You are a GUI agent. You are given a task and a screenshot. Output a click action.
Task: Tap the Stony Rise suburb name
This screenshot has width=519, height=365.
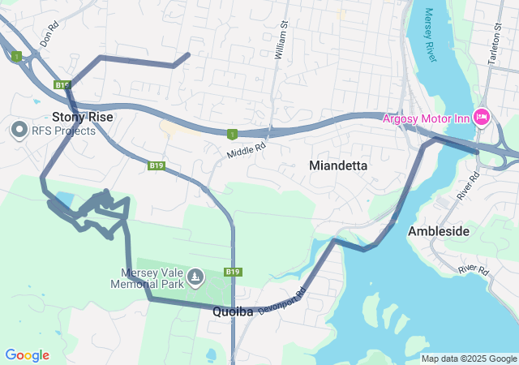coord(83,117)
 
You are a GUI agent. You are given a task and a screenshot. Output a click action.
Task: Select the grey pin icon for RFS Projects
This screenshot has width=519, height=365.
coord(19,130)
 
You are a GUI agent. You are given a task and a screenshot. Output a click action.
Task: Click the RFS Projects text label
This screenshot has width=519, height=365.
coord(63,131)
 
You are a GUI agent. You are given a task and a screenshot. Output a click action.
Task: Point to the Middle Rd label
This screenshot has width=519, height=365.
coord(247,151)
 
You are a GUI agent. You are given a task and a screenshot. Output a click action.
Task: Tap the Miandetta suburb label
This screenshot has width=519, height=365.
coord(338,165)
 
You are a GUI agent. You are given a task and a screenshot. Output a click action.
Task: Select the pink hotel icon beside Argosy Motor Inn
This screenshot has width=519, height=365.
coord(483,118)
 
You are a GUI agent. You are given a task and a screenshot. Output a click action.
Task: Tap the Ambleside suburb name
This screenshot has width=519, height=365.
coord(439,231)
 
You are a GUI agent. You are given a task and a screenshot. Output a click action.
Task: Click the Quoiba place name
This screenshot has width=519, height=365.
coord(234,311)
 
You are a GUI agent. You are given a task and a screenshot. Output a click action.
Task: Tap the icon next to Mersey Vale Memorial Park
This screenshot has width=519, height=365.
coord(195,278)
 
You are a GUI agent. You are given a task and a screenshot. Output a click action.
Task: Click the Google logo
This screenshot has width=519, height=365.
coord(27,355)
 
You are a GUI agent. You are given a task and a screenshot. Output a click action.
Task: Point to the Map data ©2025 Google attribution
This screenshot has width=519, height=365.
coord(469,359)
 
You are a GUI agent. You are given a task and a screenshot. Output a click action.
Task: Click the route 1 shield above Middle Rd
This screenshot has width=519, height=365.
coord(233,134)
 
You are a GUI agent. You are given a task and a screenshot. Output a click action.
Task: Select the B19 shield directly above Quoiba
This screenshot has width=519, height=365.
coord(233,272)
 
